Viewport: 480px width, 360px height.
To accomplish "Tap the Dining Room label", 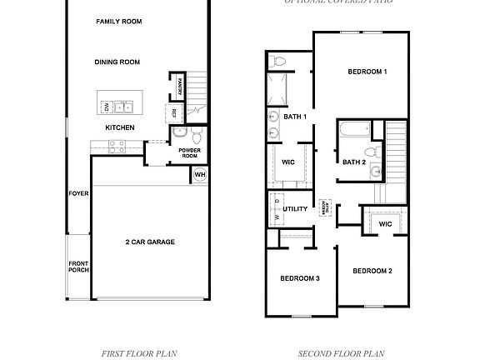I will pos(117,62).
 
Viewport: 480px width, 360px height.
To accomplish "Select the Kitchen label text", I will pos(120,127).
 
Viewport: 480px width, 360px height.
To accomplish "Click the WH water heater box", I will pos(200,174).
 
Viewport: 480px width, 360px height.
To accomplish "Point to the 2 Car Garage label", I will pos(150,242).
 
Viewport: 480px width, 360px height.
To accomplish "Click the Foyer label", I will pos(78,193).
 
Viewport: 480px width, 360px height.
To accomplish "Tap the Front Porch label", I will pos(78,267).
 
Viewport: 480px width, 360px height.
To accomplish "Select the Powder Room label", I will pos(189,153).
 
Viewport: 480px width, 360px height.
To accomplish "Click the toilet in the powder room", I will pos(195,134).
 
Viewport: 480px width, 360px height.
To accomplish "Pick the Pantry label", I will pos(181,86).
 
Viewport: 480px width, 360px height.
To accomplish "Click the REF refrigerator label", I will pos(174,112).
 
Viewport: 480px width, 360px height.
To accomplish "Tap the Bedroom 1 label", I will pos(367,72).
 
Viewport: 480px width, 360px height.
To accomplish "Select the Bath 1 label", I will pos(295,117).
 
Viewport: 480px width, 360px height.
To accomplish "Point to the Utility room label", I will pos(295,209).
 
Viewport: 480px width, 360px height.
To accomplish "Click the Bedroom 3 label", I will pos(300,277).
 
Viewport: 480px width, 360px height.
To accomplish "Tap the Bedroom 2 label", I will pos(372,271).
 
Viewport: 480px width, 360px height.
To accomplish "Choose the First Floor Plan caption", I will pos(138,353).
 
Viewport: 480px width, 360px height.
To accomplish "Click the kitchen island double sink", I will pos(122,107).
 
